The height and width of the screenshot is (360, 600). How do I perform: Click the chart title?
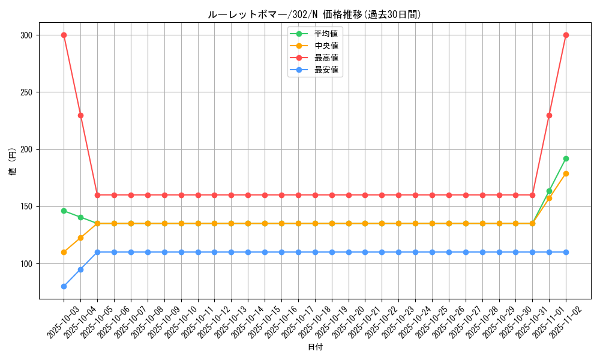pyautogui.click(x=314, y=14)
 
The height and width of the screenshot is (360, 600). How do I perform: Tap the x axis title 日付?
pyautogui.click(x=314, y=347)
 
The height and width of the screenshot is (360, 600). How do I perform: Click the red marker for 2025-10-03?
pyautogui.click(x=64, y=35)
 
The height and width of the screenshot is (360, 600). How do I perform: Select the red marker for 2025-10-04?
pyautogui.click(x=80, y=115)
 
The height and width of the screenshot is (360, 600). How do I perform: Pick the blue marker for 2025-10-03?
pyautogui.click(x=64, y=286)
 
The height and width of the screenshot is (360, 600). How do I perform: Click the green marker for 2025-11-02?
pyautogui.click(x=566, y=158)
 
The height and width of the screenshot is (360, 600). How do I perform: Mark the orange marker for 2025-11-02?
pyautogui.click(x=566, y=173)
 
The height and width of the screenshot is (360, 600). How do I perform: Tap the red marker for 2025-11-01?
pyautogui.click(x=549, y=115)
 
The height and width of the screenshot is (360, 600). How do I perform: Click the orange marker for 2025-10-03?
pyautogui.click(x=64, y=252)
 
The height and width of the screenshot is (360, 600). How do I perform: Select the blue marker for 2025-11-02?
pyautogui.click(x=566, y=252)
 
